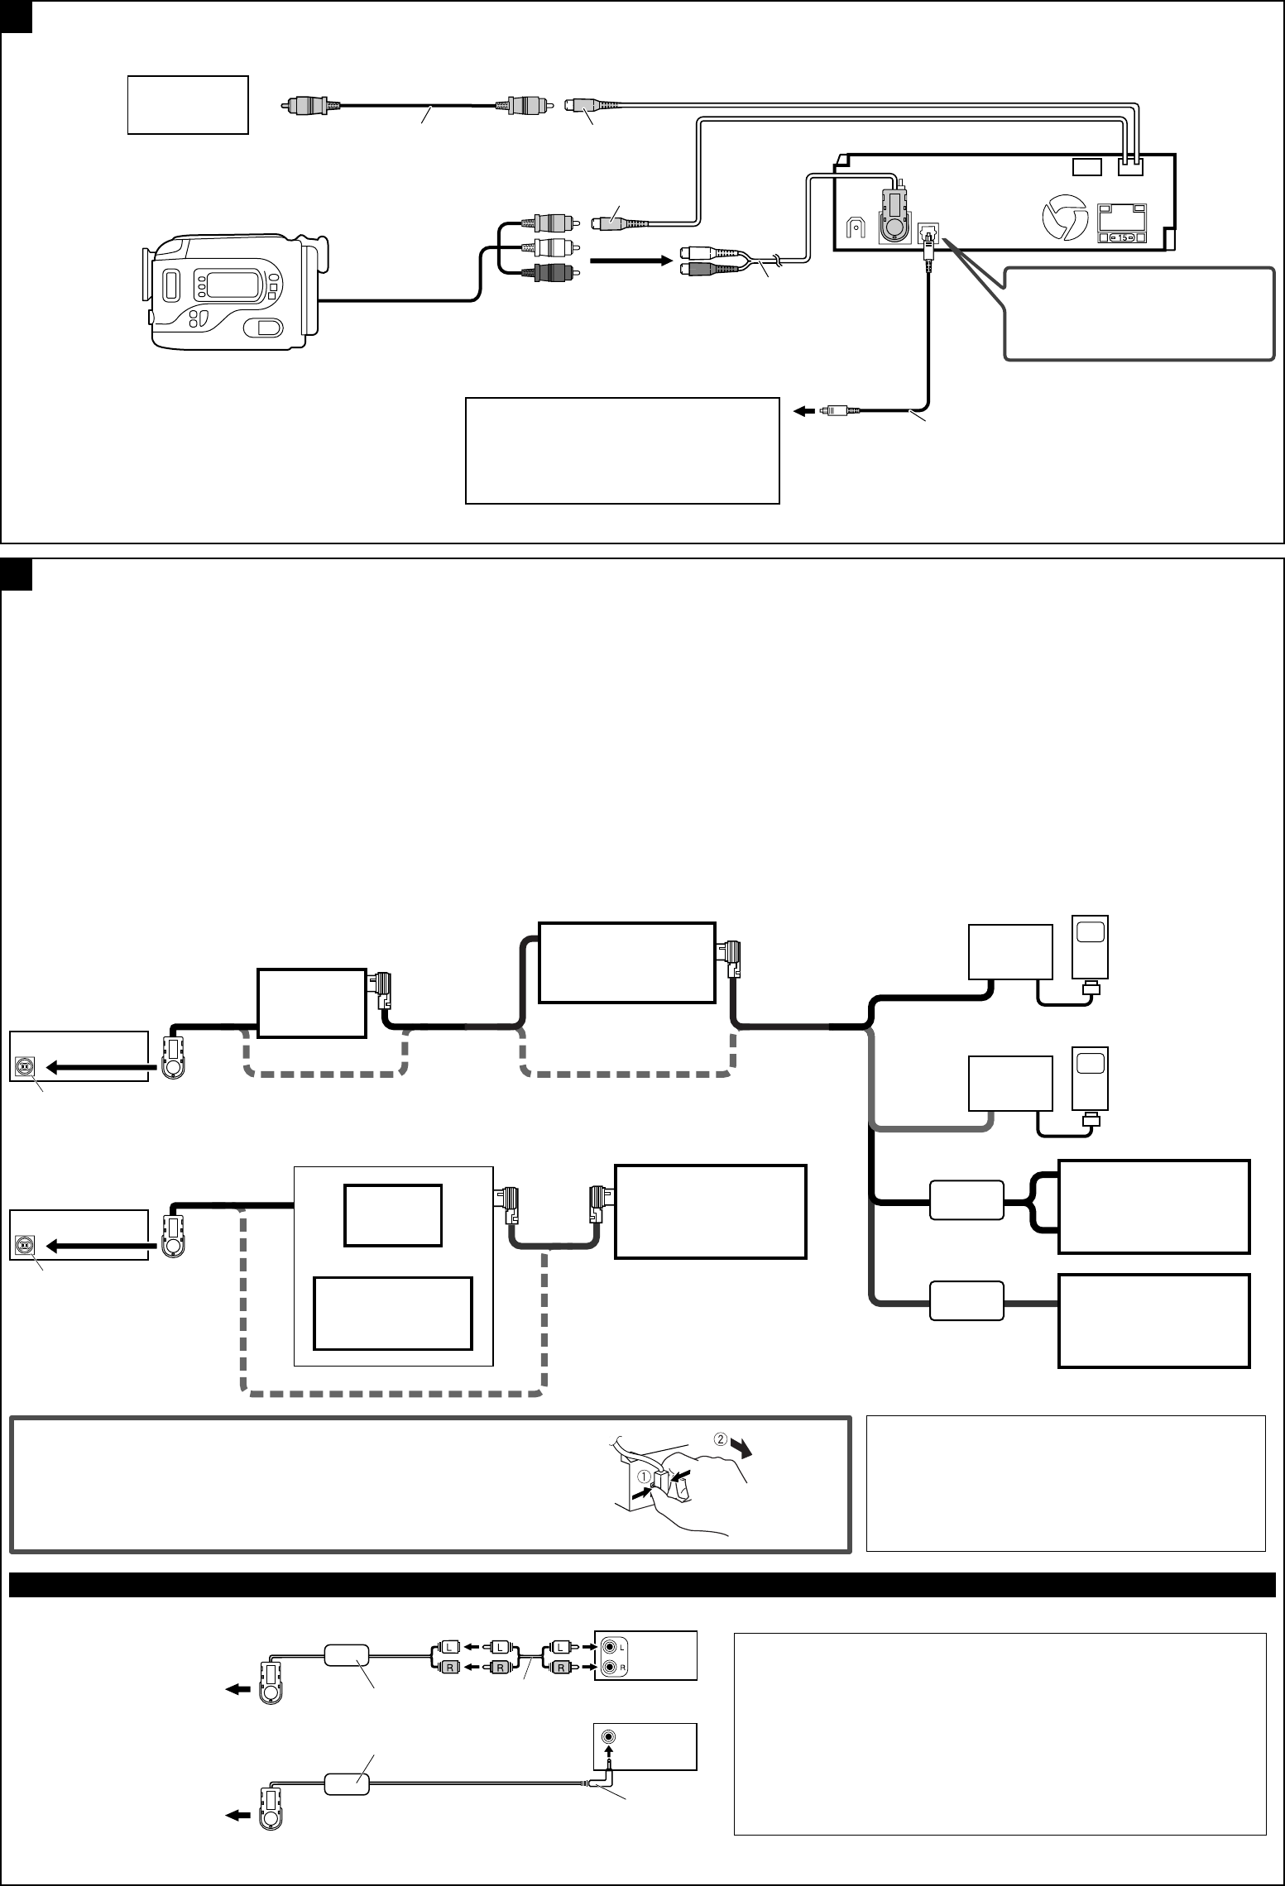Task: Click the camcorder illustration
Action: click(x=232, y=293)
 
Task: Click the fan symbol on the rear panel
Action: click(x=1062, y=220)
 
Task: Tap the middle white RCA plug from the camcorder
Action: click(x=550, y=247)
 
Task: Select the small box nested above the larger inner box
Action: click(x=393, y=1215)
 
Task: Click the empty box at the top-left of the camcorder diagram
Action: click(x=188, y=105)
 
